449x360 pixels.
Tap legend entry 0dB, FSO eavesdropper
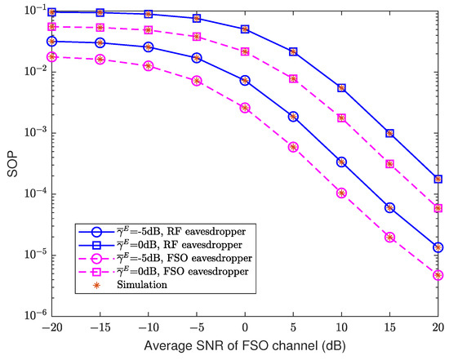pyautogui.click(x=162, y=272)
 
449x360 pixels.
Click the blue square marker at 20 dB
pyautogui.click(x=438, y=179)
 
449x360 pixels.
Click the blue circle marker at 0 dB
pyautogui.click(x=245, y=80)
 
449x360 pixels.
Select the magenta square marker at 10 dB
pyautogui.click(x=342, y=118)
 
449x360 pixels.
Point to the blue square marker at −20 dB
pyautogui.click(x=52, y=12)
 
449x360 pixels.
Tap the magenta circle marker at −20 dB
pyautogui.click(x=52, y=57)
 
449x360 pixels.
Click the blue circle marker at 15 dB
pyautogui.click(x=390, y=207)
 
